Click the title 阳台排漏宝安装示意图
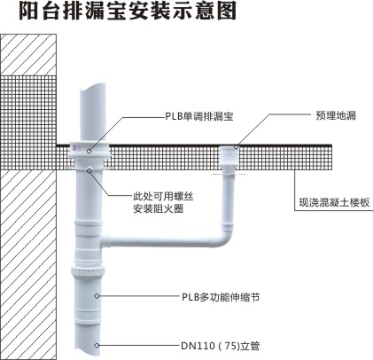coord(128,12)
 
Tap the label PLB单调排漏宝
coord(199,116)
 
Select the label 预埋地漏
coord(336,115)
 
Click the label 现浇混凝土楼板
coord(334,202)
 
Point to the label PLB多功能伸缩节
coord(221,297)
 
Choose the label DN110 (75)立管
coord(221,346)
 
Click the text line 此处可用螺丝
coord(163,196)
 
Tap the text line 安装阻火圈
coord(158,208)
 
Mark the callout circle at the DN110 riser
coord(97,345)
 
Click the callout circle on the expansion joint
coord(97,295)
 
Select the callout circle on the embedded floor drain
coord(236,146)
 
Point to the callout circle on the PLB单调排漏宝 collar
coord(89,151)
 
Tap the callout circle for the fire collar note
coord(89,170)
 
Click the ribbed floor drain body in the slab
coord(229,156)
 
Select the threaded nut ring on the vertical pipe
coord(89,270)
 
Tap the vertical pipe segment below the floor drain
coord(228,200)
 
